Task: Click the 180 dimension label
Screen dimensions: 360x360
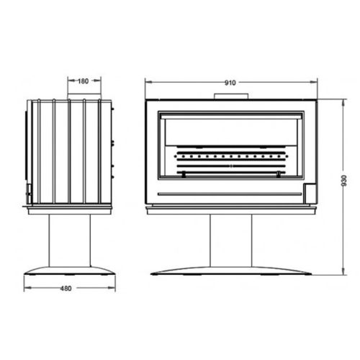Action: coord(84,81)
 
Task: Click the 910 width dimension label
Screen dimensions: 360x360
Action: coord(230,83)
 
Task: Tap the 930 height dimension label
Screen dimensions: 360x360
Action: coord(344,181)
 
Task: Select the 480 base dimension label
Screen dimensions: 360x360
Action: coord(66,288)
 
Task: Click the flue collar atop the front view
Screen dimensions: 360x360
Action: coord(231,96)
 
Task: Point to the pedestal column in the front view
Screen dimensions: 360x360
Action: coord(231,240)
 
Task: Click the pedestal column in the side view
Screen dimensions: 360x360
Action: coord(70,240)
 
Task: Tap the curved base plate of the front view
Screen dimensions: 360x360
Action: coord(231,271)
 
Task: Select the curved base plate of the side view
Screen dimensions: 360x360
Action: coord(70,270)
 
